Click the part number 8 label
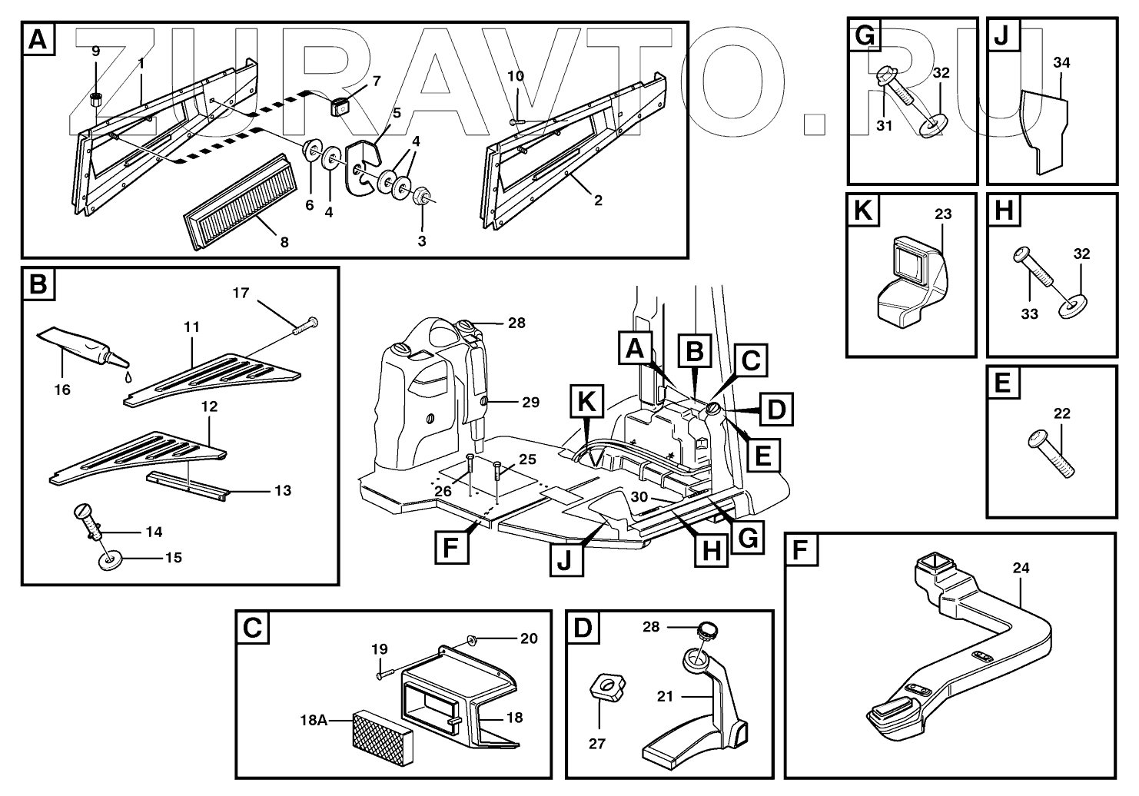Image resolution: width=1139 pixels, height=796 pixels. (284, 242)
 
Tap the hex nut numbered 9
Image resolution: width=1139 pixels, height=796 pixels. (96, 98)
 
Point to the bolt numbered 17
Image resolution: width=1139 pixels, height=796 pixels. (305, 326)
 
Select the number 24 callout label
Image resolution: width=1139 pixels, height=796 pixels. (1021, 569)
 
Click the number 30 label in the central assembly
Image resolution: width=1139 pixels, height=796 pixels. (639, 496)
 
